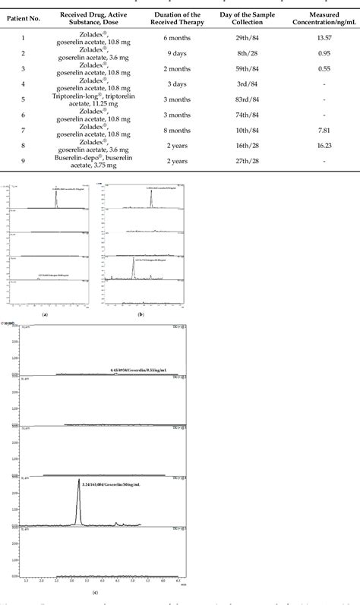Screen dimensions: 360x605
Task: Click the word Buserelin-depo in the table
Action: coord(77,156)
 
